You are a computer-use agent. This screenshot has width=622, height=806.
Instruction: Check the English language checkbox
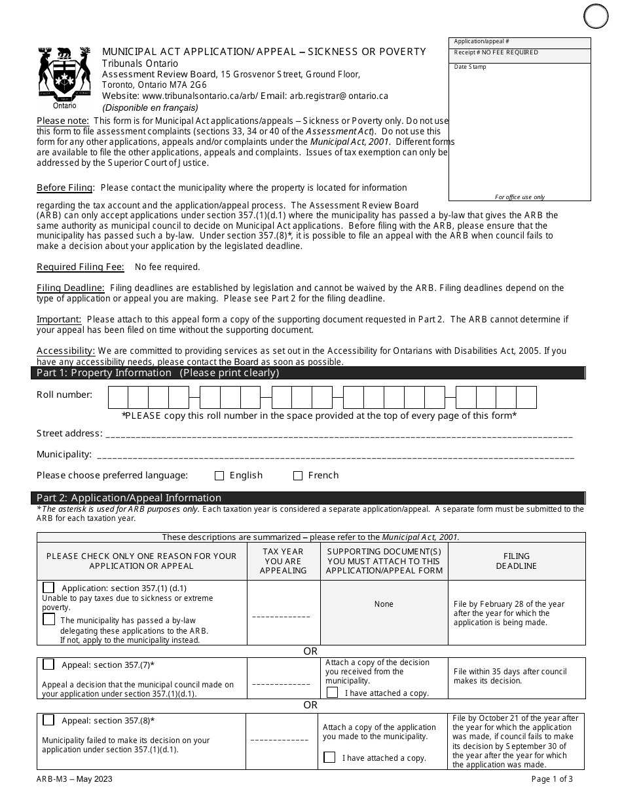pos(219,476)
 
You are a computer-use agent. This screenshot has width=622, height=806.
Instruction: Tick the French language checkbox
pos(298,476)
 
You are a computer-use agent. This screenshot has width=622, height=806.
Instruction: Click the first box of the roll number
pos(118,398)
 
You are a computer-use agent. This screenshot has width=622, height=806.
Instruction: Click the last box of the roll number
pos(526,398)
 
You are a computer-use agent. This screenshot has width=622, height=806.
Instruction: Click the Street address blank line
pos(338,435)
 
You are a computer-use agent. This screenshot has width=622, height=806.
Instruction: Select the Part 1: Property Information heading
pos(158,373)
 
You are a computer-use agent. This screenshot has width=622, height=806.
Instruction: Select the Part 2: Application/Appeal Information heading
pos(129,498)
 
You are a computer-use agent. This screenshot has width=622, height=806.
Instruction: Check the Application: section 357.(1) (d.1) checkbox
pos(48,588)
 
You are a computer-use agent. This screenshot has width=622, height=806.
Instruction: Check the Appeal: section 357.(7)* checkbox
pos(48,664)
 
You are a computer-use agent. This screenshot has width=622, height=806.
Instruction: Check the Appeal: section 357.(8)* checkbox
pos(48,720)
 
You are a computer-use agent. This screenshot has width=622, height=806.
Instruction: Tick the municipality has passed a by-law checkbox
pos(48,619)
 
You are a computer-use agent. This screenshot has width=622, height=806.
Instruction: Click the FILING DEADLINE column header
pos(516,561)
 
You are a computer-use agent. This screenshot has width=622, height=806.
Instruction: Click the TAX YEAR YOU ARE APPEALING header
pos(283,561)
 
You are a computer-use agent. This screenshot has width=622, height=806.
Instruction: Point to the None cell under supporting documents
pos(384,604)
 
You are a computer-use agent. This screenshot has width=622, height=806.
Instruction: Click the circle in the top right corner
pos(596,16)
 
